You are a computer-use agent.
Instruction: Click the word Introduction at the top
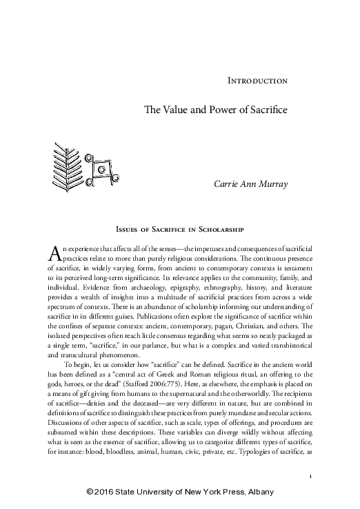pyautogui.click(x=257, y=81)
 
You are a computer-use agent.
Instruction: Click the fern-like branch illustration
pyautogui.click(x=65, y=161)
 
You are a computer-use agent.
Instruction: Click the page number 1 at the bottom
pyautogui.click(x=312, y=477)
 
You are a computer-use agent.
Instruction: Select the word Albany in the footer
pyautogui.click(x=259, y=492)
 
